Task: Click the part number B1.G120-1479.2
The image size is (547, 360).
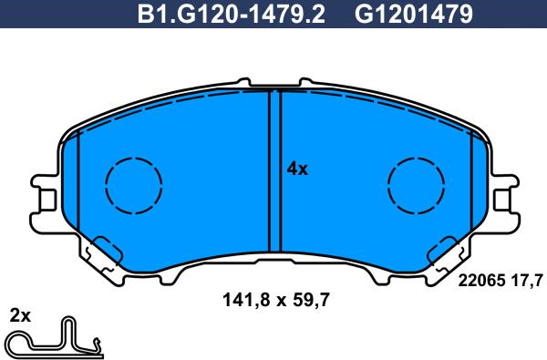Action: [231, 15]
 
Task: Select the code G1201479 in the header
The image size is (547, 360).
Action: [414, 15]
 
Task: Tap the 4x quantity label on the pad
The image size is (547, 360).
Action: [297, 170]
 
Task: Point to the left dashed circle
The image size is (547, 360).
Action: [134, 185]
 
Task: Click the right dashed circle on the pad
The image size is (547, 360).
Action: [416, 185]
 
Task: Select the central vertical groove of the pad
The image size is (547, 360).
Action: [274, 171]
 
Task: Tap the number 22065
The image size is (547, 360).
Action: [481, 280]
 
